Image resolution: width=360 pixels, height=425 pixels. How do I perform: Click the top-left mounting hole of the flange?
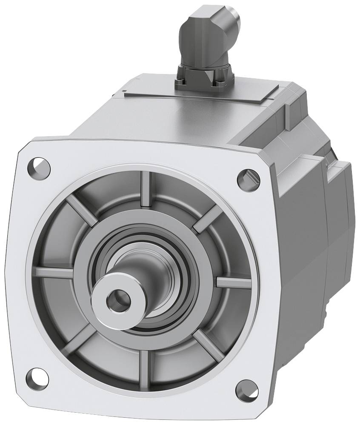[x=39, y=167]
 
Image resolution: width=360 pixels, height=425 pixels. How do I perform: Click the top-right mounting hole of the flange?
[x=248, y=178]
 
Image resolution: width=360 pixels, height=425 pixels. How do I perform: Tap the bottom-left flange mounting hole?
[x=37, y=377]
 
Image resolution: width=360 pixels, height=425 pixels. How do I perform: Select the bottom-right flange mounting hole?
[x=246, y=388]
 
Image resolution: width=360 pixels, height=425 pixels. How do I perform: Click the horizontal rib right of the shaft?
[x=231, y=282]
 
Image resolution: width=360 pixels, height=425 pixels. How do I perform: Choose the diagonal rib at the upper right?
[x=209, y=218]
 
